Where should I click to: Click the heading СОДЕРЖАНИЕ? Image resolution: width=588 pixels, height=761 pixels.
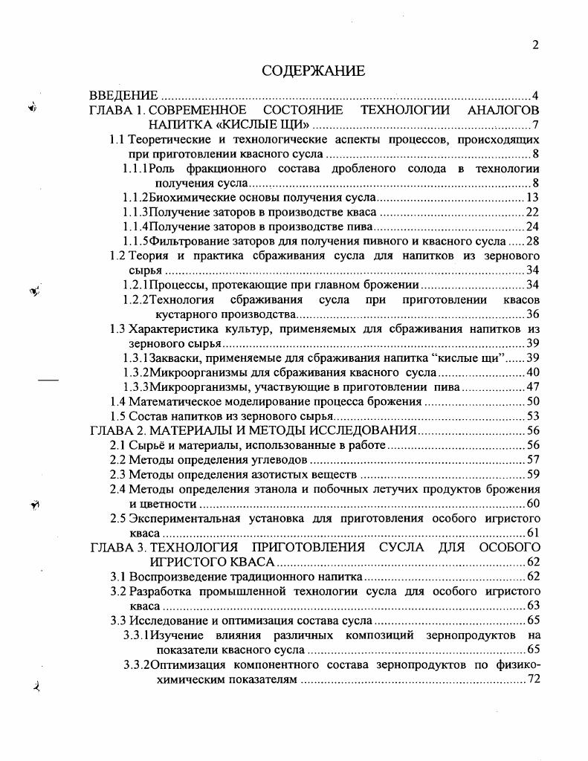point(313,71)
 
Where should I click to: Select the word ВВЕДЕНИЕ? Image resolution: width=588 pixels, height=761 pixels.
point(123,96)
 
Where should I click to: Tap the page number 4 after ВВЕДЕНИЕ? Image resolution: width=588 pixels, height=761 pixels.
point(535,96)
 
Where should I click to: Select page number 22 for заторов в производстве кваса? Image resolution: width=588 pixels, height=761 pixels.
point(532,212)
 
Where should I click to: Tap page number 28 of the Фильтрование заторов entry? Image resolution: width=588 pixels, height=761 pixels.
point(532,241)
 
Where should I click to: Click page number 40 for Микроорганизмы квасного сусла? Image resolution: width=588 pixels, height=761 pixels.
point(532,372)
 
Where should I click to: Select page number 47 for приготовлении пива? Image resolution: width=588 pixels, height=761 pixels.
point(532,387)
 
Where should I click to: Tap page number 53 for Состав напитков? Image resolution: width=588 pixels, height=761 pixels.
point(532,416)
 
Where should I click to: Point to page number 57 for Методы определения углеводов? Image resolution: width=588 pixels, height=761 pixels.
point(532,460)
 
